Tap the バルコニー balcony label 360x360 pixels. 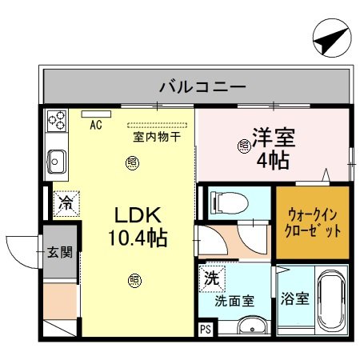(196, 86)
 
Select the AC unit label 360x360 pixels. (96, 125)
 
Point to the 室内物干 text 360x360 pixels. (156, 136)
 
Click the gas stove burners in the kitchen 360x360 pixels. (57, 122)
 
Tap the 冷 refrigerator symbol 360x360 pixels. (66, 202)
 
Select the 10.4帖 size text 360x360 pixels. (138, 238)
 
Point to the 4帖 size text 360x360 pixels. (273, 158)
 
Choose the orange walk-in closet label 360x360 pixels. (313, 222)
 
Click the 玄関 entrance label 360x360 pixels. (59, 253)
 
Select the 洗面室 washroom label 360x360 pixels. (234, 301)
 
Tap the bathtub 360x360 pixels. (331, 305)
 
